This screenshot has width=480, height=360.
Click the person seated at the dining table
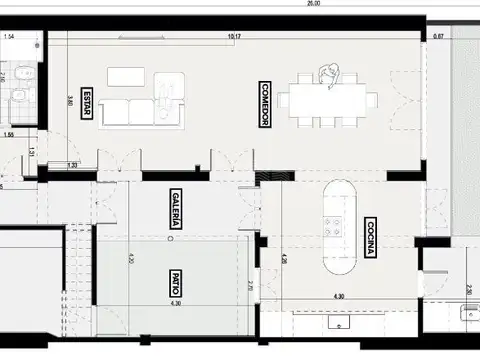(329, 74)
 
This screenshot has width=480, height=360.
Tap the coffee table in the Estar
(126, 77)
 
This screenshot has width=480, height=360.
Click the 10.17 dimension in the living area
(234, 37)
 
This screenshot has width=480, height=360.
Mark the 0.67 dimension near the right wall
(438, 37)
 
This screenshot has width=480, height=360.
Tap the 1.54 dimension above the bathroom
(10, 37)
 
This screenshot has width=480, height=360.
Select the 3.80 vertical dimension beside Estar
(59, 100)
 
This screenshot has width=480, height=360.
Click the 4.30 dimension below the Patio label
(176, 303)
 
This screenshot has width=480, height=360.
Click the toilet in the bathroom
(17, 95)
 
